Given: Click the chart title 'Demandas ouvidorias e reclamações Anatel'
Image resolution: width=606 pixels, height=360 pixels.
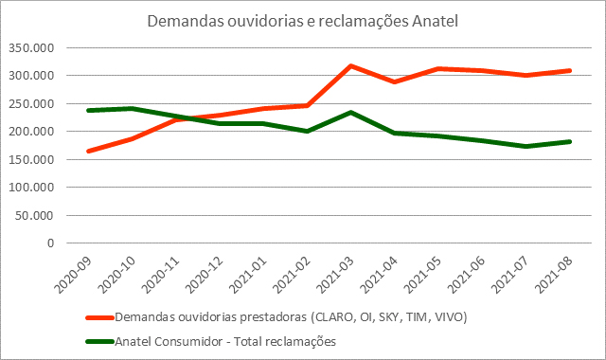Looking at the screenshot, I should coord(303,21).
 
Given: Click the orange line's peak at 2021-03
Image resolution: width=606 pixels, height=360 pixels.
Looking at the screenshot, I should coord(351,66).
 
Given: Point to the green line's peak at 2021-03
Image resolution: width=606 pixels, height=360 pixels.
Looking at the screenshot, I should coord(351,113).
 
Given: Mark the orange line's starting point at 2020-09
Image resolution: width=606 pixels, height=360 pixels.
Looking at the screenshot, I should coord(89,151).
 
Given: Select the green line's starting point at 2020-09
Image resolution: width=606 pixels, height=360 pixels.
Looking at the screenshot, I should coord(89,111).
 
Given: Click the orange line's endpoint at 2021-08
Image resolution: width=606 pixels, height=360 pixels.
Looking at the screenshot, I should coord(570,70).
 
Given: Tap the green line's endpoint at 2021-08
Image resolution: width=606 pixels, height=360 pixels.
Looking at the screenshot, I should coord(570,141).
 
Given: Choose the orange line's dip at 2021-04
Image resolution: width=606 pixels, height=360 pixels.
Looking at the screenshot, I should coord(395,82).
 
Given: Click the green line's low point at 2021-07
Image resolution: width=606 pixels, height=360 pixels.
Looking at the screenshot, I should coord(526,147).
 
